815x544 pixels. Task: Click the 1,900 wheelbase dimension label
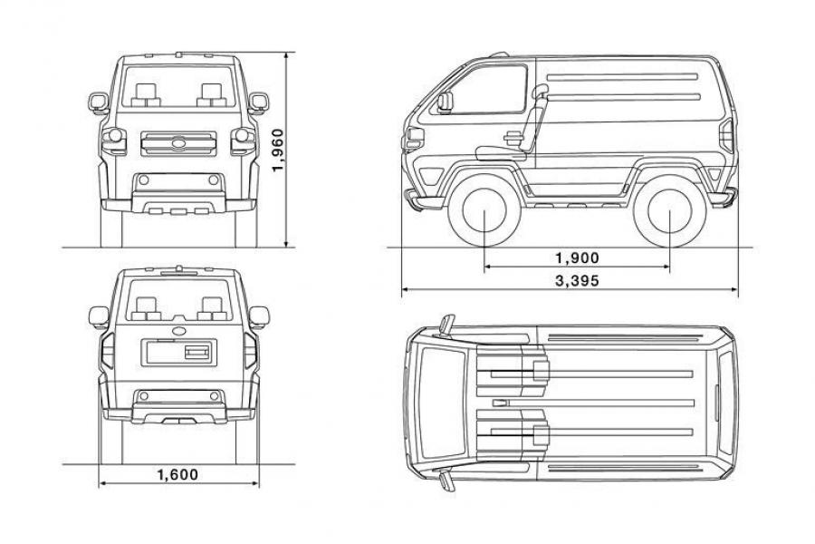coord(578,257)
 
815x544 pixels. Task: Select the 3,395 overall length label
coord(578,281)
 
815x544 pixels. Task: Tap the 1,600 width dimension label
coord(177,474)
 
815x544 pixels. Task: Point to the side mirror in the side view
coord(445,102)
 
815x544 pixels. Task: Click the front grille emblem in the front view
coord(178,141)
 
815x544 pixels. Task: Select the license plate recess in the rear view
coord(178,353)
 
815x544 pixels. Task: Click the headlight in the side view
coord(414,139)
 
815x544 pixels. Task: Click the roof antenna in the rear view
coord(178,267)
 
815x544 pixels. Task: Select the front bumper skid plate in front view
coord(178,209)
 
